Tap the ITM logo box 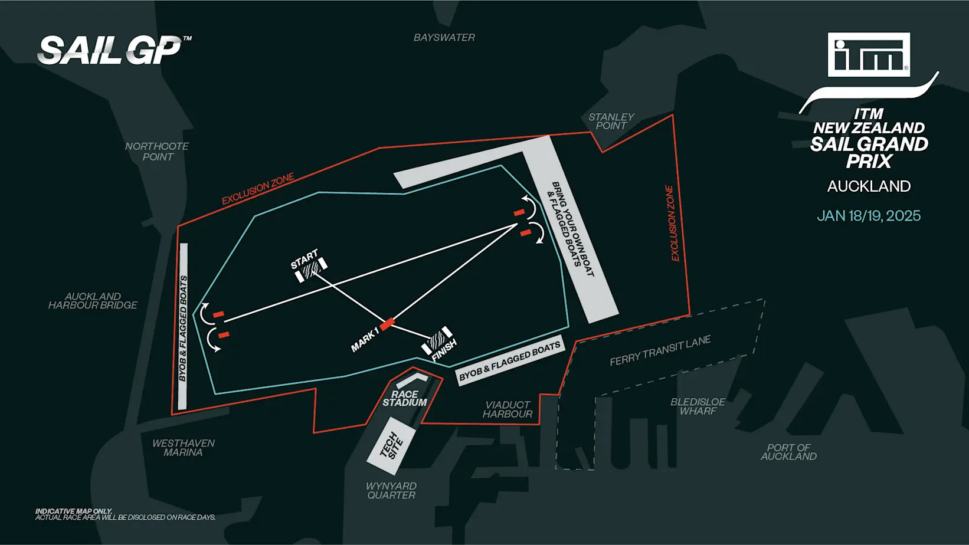869,54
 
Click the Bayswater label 444,38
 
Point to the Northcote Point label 157,152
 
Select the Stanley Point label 611,122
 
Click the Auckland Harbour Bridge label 93,301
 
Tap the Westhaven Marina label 184,448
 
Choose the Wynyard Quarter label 391,491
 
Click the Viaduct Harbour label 508,409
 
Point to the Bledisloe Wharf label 698,406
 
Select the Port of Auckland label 788,452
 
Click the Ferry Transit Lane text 660,350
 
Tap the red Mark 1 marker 387,324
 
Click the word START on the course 305,258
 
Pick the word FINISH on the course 444,350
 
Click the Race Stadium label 404,399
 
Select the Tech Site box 391,446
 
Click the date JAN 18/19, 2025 869,216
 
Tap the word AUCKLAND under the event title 869,186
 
